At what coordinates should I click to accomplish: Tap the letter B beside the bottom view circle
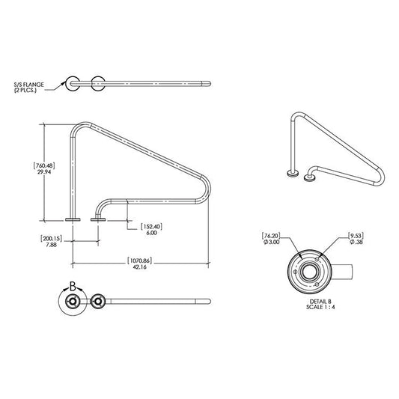(73, 286)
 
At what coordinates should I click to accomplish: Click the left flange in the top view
(73, 82)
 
